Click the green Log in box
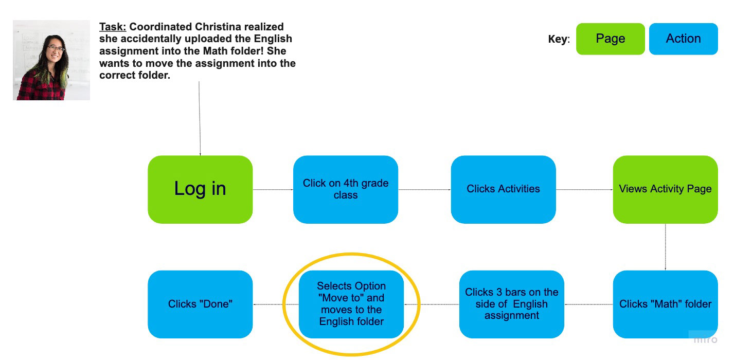point(200,189)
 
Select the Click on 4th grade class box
point(346,189)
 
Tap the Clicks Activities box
point(504,189)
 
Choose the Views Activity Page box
point(666,189)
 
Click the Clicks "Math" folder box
point(666,304)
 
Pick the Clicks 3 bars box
point(512,304)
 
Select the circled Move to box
point(351,304)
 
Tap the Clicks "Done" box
point(200,304)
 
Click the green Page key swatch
point(611,39)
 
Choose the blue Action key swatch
point(684,39)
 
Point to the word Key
point(559,39)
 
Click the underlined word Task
point(113,27)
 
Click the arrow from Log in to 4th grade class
point(273,189)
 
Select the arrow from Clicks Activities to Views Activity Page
point(584,189)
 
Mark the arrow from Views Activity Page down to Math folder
point(666,247)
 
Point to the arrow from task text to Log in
point(200,118)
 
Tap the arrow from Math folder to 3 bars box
point(588,304)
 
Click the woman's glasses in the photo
point(56,49)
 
